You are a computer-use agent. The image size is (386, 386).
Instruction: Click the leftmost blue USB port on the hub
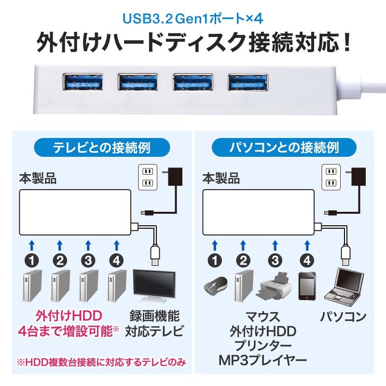83,82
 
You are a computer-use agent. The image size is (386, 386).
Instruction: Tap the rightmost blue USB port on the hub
248,82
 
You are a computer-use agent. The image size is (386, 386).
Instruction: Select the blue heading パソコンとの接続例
284,146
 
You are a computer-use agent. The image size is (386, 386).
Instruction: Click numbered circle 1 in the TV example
32,261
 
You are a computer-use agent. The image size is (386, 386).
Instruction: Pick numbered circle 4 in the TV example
116,261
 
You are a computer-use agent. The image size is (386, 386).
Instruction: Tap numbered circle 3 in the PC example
275,261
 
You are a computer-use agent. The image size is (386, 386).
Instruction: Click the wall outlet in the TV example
148,178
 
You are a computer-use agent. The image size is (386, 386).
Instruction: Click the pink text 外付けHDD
69,317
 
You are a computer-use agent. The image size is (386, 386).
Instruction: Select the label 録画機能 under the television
154,317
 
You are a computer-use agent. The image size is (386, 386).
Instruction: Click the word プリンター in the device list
263,346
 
